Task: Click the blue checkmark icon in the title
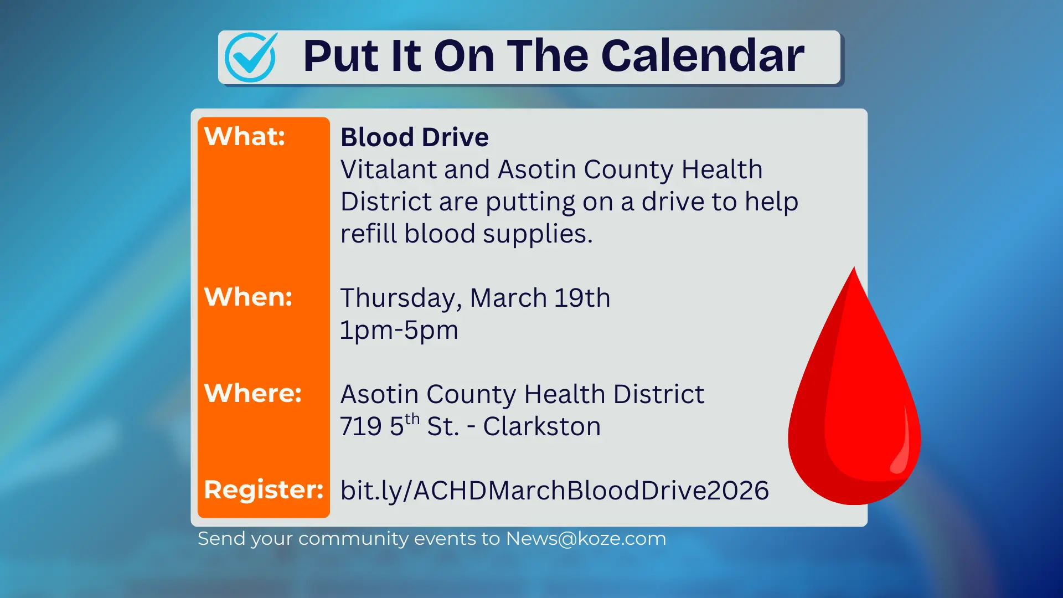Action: tap(251, 58)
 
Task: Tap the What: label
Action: tap(245, 136)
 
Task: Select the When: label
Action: tap(248, 297)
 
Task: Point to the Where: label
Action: tap(253, 393)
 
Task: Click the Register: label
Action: tap(264, 489)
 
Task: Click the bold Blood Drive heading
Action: tap(414, 137)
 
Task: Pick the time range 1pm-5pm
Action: tap(399, 330)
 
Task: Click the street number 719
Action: tap(360, 426)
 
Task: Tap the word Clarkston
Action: tap(541, 426)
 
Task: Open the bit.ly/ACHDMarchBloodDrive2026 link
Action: tap(554, 491)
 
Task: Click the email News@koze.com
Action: tap(586, 538)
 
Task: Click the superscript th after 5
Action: tap(412, 419)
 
